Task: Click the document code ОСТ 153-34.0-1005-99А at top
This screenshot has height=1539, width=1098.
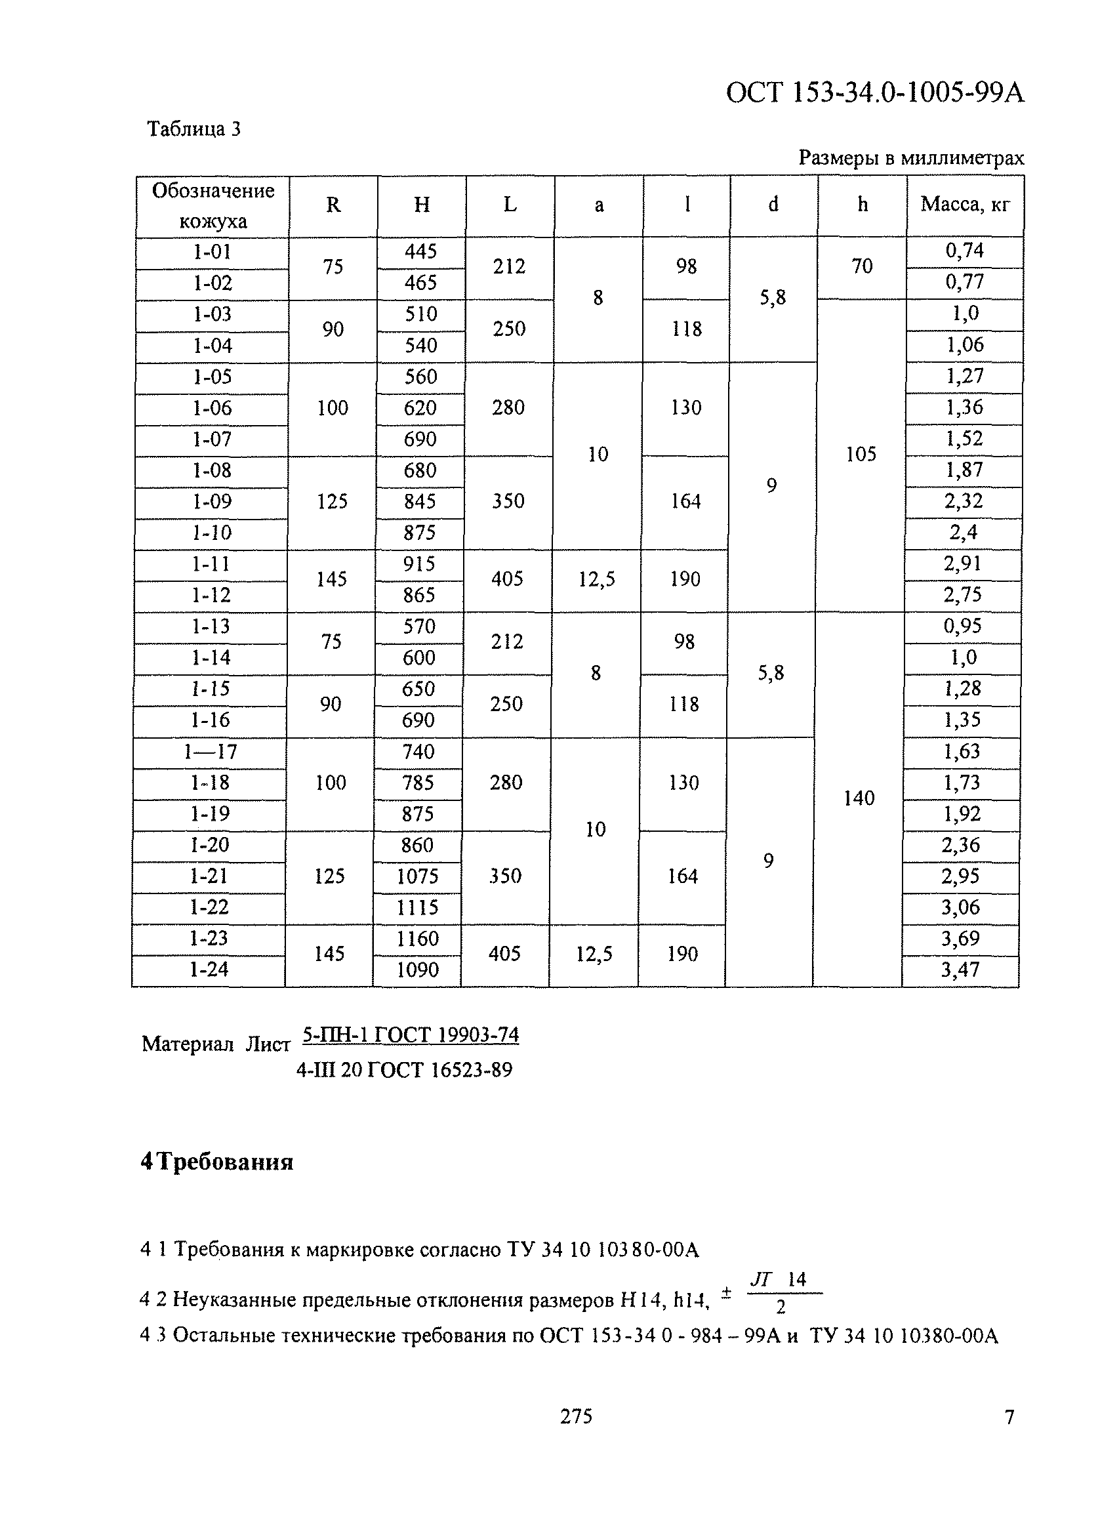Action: [x=875, y=92]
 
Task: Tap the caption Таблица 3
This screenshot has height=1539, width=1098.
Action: [x=194, y=129]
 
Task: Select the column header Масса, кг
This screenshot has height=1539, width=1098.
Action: [x=965, y=204]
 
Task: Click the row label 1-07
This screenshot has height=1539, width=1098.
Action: [x=213, y=440]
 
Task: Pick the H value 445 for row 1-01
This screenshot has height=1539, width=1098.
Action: [x=420, y=251]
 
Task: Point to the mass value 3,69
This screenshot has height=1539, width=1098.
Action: [x=960, y=939]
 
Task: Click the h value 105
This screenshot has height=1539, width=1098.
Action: [x=861, y=455]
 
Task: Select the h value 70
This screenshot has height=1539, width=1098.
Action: [x=862, y=266]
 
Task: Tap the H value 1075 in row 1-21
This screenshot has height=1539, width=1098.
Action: [x=417, y=876]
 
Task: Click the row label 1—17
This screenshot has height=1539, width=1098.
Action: [x=211, y=752]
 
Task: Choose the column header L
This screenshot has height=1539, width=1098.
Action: [x=510, y=204]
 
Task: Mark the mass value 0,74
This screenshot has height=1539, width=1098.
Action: [x=965, y=251]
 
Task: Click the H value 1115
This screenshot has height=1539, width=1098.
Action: [x=417, y=907]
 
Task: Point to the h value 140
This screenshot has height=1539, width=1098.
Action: [x=859, y=798]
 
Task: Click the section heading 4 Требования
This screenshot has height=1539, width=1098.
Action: [x=217, y=1162]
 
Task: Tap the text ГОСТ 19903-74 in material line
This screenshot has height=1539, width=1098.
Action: [x=446, y=1035]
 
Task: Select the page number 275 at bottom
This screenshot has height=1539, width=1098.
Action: [x=576, y=1416]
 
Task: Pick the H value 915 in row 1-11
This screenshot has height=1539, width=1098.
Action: [x=419, y=564]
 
